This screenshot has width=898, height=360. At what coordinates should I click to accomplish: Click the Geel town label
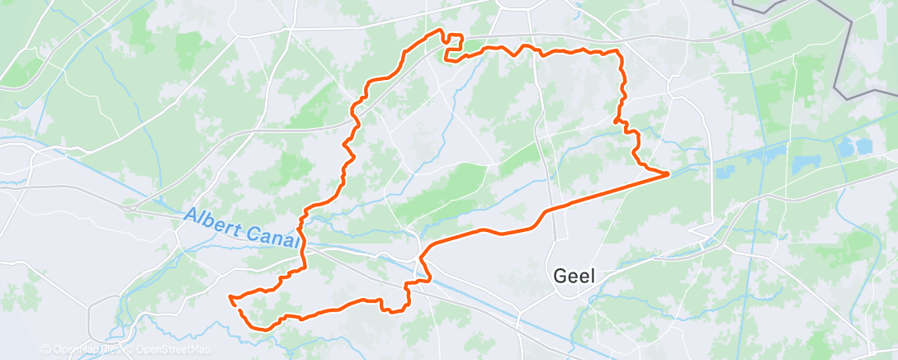[576, 277]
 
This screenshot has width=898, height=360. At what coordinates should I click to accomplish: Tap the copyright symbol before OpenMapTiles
[45, 349]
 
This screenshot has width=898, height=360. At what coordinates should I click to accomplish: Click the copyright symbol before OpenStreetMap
[130, 349]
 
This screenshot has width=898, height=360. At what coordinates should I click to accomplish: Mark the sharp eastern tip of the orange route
[668, 173]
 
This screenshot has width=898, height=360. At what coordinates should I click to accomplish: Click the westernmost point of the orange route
[230, 296]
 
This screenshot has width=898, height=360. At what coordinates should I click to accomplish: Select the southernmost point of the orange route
[248, 328]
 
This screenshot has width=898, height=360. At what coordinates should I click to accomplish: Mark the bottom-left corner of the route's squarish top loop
[446, 59]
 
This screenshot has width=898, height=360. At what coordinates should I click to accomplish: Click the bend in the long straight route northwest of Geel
[544, 212]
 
